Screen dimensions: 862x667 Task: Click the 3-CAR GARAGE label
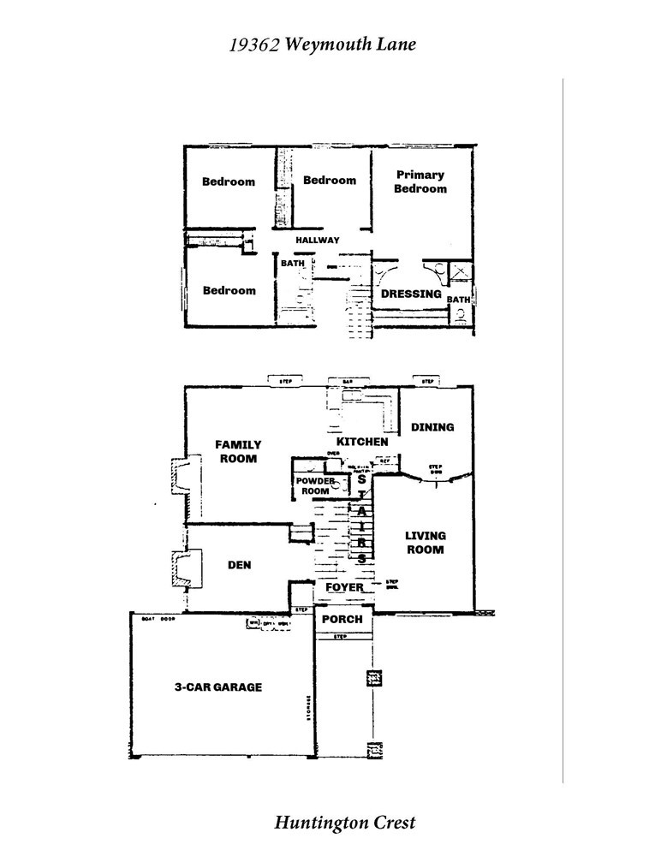click(218, 687)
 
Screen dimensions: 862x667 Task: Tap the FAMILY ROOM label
click(238, 451)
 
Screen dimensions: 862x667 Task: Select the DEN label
click(238, 565)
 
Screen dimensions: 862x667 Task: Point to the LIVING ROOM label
click(425, 543)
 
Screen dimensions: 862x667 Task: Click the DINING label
click(432, 426)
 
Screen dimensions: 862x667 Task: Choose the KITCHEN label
click(362, 442)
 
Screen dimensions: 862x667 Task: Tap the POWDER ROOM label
click(313, 486)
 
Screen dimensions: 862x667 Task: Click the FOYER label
click(344, 587)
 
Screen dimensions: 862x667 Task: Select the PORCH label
click(342, 619)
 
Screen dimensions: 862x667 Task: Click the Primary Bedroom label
click(420, 181)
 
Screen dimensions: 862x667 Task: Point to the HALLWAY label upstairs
click(318, 241)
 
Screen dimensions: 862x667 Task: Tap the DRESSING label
click(411, 294)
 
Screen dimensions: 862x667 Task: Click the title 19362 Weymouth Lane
click(322, 45)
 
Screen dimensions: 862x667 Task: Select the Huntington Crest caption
click(344, 823)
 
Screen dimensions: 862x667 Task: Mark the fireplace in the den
click(182, 569)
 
